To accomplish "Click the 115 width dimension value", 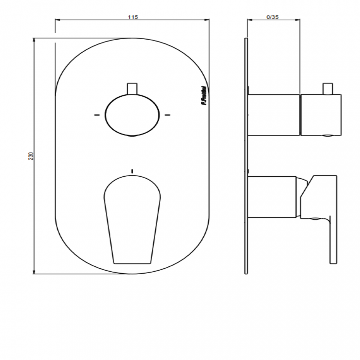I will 133,17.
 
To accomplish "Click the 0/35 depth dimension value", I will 272,17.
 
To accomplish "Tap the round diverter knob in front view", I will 132,115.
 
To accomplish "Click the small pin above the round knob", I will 132,89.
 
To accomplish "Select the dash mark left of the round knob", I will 97,114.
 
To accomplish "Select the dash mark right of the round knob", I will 168,114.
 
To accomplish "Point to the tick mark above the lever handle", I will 132,171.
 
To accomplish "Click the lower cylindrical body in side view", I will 271,196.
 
